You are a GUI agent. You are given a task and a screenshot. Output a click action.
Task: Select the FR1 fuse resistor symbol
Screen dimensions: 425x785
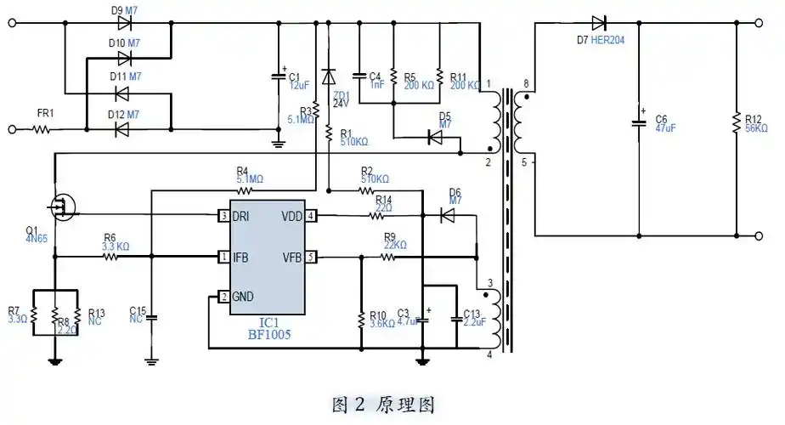click(x=42, y=130)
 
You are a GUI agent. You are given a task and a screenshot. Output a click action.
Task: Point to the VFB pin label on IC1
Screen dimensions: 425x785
click(x=291, y=257)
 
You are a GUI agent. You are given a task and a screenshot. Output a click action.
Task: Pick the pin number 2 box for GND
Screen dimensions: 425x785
click(x=223, y=297)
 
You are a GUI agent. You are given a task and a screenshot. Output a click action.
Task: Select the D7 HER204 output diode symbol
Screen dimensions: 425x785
click(x=599, y=23)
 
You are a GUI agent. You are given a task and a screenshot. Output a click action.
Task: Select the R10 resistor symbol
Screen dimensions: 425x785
click(x=363, y=319)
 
